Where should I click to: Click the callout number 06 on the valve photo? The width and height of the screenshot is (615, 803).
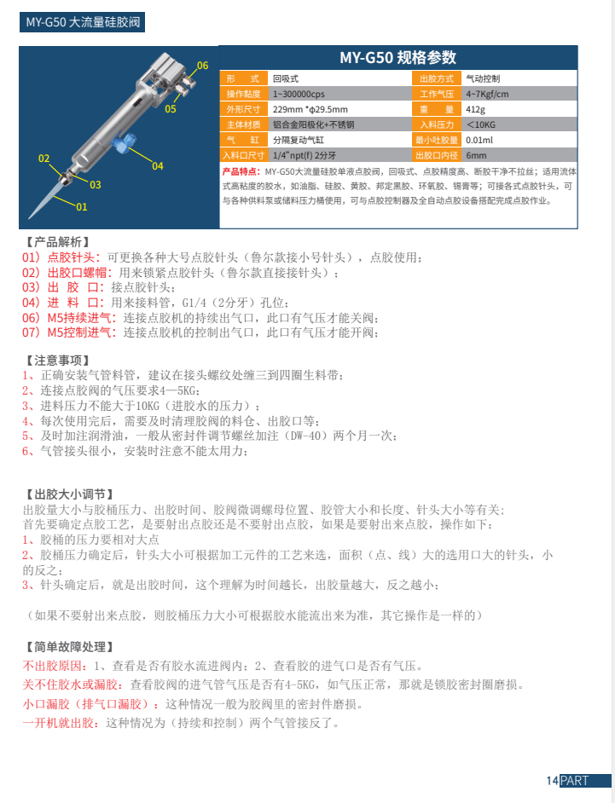click(x=202, y=65)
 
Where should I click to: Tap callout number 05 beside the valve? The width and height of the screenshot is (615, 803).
click(x=171, y=108)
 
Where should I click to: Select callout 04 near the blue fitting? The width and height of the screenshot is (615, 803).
click(x=157, y=165)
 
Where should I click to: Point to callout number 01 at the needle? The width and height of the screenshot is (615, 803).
click(x=82, y=206)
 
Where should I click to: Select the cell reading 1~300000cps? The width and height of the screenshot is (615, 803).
click(x=299, y=93)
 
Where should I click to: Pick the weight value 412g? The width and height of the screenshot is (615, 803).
click(x=475, y=109)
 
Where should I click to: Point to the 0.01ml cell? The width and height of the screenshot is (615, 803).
click(x=479, y=140)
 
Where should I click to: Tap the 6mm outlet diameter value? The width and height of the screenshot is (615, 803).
click(x=476, y=155)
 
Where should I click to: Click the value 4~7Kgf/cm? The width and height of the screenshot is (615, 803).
click(x=487, y=93)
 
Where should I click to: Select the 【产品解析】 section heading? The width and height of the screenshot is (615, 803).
click(x=56, y=242)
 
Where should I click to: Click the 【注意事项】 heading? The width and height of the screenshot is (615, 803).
click(x=56, y=361)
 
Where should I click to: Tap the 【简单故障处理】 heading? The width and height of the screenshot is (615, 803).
click(x=68, y=646)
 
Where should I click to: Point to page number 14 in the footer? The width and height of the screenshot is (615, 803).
click(x=552, y=781)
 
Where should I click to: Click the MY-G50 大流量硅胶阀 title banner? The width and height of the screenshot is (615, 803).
click(x=82, y=22)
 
